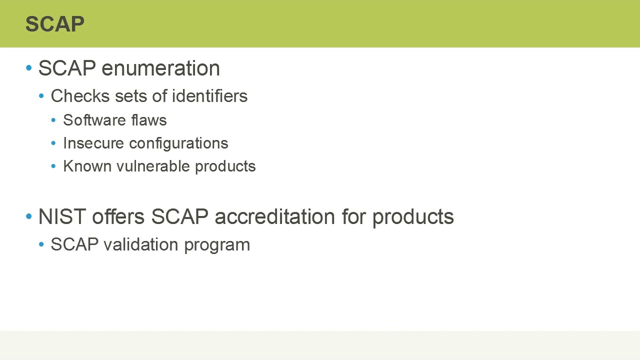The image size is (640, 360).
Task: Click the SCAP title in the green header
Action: click(x=55, y=24)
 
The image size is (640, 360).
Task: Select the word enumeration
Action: click(x=160, y=68)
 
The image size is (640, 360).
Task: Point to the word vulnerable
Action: click(x=153, y=166)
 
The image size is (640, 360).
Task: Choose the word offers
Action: click(x=118, y=217)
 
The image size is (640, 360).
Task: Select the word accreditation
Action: click(x=275, y=217)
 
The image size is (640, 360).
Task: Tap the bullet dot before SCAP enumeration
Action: click(x=28, y=68)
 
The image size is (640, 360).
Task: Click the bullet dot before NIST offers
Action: click(x=28, y=216)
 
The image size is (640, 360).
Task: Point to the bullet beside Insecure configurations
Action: click(x=53, y=143)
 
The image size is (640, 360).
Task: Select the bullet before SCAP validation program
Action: click(x=41, y=244)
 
